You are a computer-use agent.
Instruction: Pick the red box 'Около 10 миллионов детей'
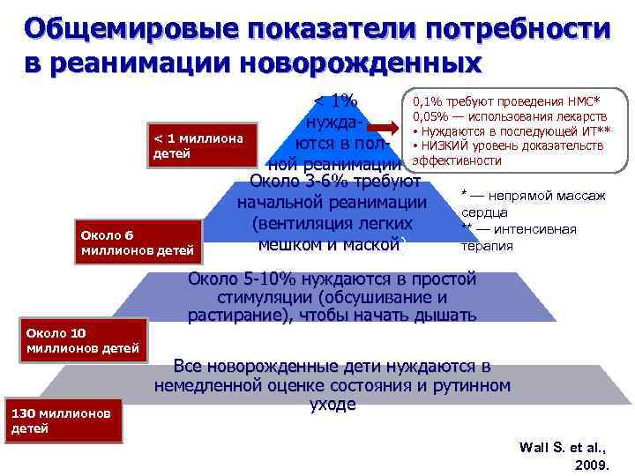coord(75,341)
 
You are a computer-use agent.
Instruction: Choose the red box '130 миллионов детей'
coord(62,420)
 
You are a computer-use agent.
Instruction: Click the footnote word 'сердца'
coord(482,212)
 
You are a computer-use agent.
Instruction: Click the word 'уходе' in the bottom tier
coord(332,405)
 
